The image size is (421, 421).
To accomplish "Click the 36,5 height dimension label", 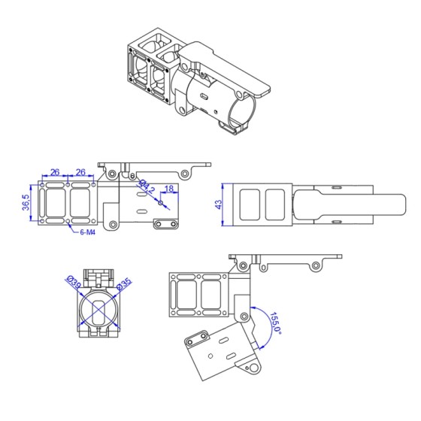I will click(x=26, y=202).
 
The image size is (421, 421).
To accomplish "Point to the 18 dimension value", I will click(x=169, y=189).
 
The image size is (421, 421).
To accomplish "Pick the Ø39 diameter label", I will click(x=74, y=283).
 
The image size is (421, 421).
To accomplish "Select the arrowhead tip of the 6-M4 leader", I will click(x=69, y=223).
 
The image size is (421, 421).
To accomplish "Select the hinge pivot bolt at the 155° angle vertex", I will click(x=243, y=313).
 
